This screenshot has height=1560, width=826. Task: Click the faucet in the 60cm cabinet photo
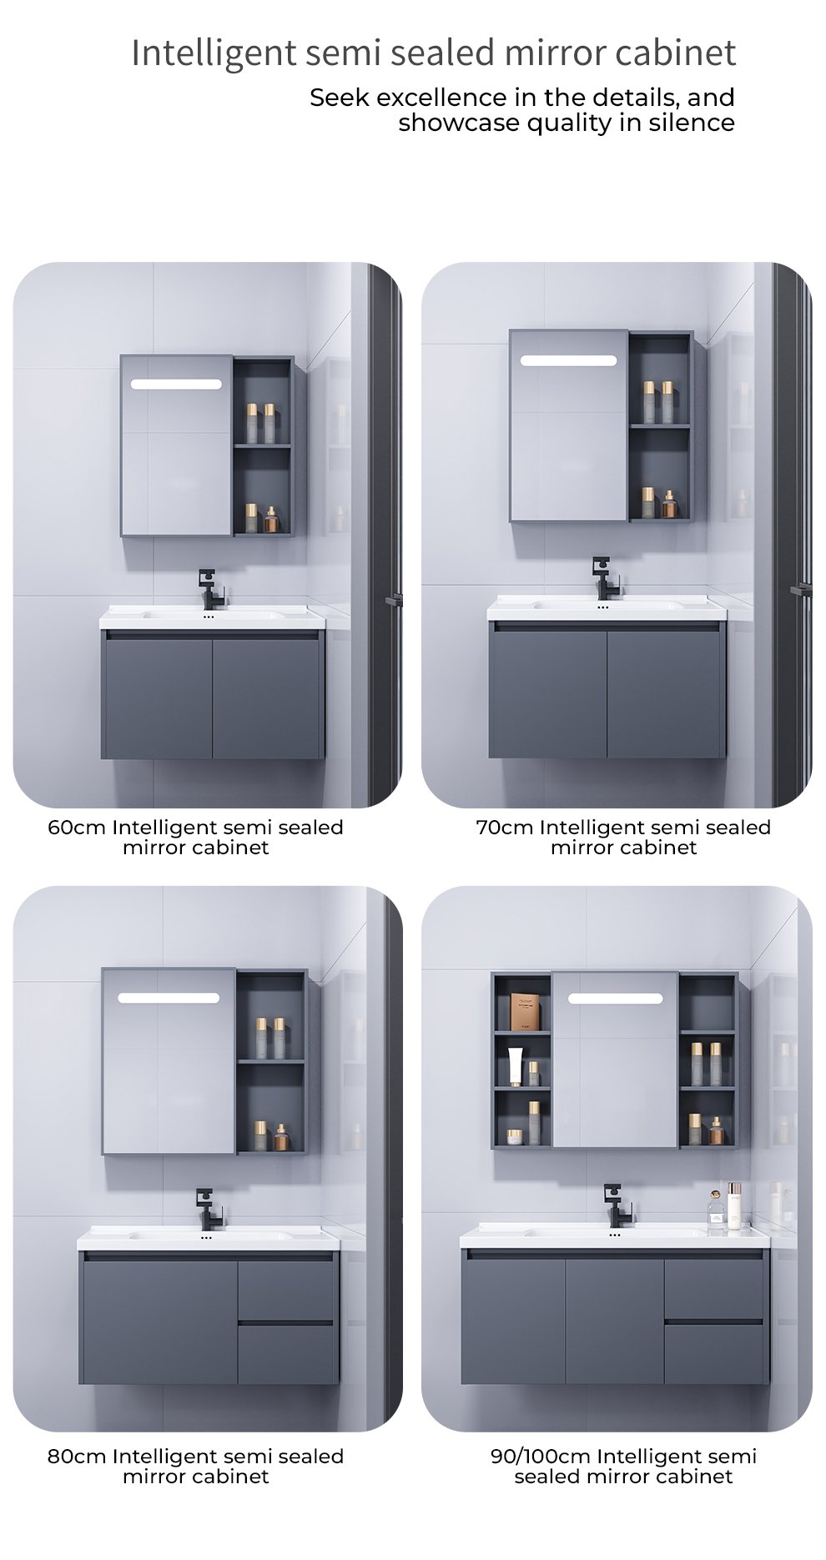click(205, 588)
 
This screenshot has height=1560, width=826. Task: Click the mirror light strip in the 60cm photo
click(176, 384)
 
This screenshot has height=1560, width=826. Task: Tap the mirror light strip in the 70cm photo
click(569, 360)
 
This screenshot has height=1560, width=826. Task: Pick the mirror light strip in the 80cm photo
click(169, 998)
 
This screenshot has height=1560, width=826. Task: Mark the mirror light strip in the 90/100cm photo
click(616, 998)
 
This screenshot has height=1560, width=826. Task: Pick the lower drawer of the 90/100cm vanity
click(713, 1351)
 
